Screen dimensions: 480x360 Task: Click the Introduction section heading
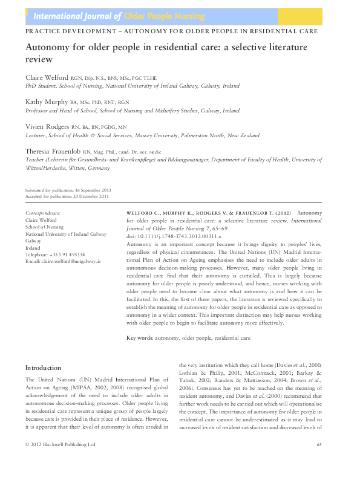pyautogui.click(x=43, y=368)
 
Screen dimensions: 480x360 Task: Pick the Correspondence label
pyautogui.click(x=43, y=214)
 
